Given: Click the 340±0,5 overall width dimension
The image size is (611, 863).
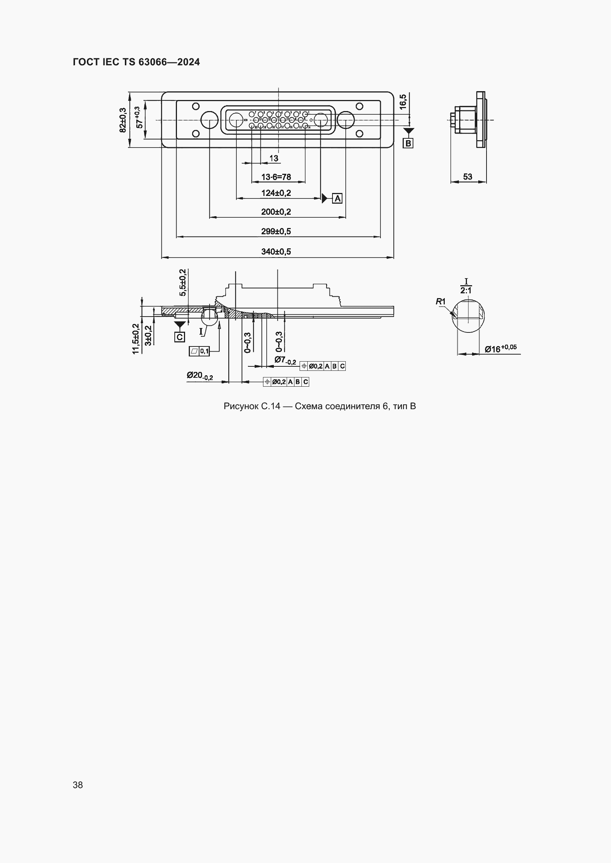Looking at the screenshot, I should [x=276, y=252].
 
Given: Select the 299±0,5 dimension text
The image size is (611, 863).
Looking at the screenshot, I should [x=276, y=231].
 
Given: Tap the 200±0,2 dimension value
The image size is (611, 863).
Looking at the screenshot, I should [x=276, y=212].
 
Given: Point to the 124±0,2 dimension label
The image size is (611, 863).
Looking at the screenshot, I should [x=276, y=193].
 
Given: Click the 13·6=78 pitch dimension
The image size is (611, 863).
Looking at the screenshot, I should [x=276, y=177].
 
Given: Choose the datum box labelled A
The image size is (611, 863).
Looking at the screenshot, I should [x=337, y=198].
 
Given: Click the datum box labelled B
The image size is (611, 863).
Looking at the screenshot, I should [x=408, y=143].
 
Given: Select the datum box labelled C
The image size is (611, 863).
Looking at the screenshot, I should [x=180, y=337].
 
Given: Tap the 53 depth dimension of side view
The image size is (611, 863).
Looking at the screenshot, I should [x=468, y=176].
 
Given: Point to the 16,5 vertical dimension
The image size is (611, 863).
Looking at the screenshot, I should [x=403, y=101].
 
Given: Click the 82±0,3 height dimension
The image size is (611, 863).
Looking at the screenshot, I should [x=123, y=120].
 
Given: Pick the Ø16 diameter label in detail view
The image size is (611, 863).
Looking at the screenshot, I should [x=500, y=348].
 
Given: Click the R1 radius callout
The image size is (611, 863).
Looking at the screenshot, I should [x=441, y=301].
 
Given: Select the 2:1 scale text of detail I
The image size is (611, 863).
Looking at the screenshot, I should [x=466, y=290].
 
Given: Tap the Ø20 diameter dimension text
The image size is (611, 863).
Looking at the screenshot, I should [x=199, y=376].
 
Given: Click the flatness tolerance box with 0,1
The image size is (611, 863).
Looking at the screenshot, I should [x=199, y=351].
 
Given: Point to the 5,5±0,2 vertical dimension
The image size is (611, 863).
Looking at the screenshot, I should [x=183, y=283].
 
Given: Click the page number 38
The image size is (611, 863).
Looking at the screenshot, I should [x=78, y=784].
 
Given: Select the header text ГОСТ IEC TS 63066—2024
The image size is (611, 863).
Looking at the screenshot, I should [x=136, y=62].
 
